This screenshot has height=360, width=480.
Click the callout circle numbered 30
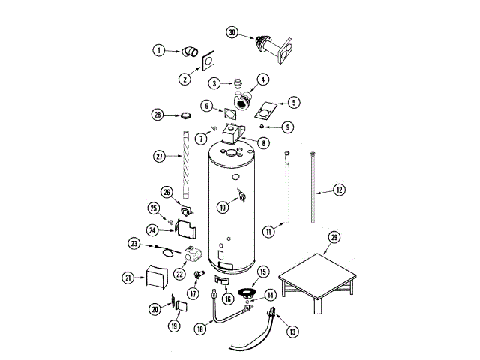tap(232, 32)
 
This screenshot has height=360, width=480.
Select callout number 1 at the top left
tap(159, 50)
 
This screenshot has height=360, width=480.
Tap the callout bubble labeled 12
tap(339, 190)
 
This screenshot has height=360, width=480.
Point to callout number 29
tap(334, 236)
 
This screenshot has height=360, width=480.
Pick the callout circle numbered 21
tap(128, 277)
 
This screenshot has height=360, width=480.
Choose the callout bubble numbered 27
tap(159, 157)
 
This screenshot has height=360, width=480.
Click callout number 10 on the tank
tap(223, 206)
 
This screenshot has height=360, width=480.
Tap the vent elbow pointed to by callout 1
tap(191, 52)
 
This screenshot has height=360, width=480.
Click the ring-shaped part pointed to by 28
tap(184, 115)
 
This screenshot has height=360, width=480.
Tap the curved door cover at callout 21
tap(157, 277)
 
